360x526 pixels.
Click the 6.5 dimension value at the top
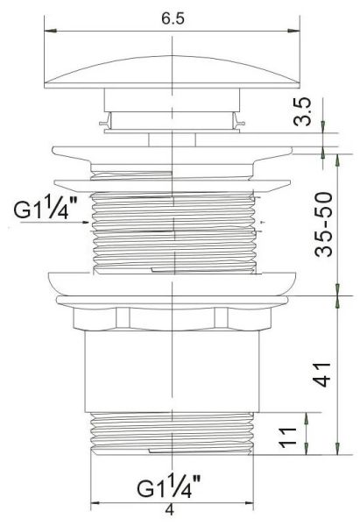[x=173, y=18]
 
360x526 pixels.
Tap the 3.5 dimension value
[x=301, y=111]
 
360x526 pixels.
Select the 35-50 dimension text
[x=323, y=224]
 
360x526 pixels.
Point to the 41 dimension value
[x=321, y=374]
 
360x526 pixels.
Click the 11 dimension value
[x=288, y=437]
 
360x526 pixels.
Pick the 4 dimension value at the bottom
[x=170, y=510]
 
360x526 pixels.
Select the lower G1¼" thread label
[x=168, y=487]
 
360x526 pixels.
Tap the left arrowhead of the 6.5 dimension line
[x=50, y=31]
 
